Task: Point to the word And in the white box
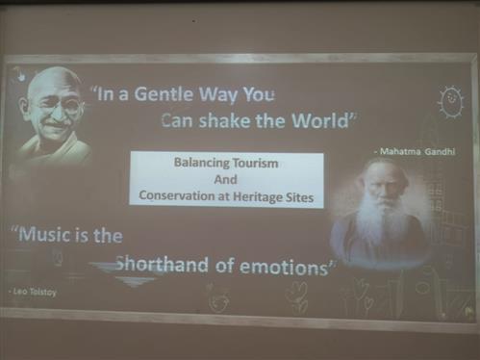click(226, 179)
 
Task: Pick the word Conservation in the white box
click(177, 195)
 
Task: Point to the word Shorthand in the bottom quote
click(162, 265)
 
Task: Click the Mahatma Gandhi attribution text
click(415, 151)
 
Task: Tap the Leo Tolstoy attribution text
click(33, 292)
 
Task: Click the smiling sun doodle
click(451, 101)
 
